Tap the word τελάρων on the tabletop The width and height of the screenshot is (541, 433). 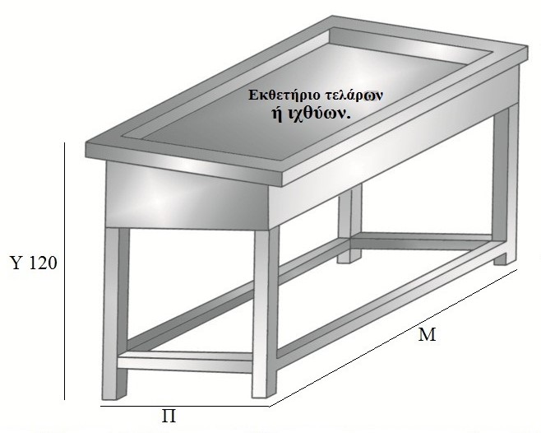click(x=355, y=95)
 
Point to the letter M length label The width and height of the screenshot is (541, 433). click(x=427, y=335)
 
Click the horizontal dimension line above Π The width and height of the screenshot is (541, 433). click(x=185, y=405)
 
